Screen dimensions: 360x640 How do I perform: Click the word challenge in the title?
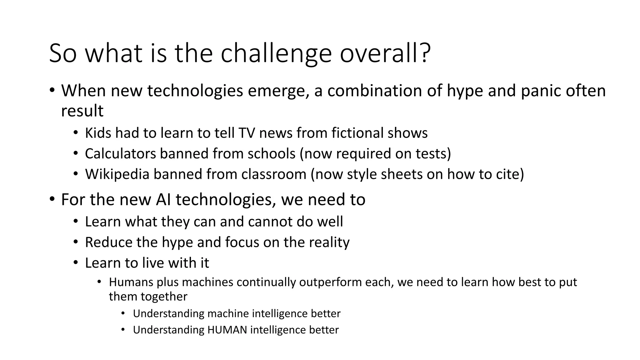(x=276, y=54)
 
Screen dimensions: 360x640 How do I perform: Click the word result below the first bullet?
(x=82, y=111)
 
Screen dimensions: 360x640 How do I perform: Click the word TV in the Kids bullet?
(x=247, y=133)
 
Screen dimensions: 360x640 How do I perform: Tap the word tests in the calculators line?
(x=433, y=154)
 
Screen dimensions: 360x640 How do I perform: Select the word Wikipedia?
(x=117, y=174)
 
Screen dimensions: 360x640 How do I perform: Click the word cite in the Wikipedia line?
(x=509, y=174)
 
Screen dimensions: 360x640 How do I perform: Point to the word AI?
(x=163, y=200)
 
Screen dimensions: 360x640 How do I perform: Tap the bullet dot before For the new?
(x=52, y=199)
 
